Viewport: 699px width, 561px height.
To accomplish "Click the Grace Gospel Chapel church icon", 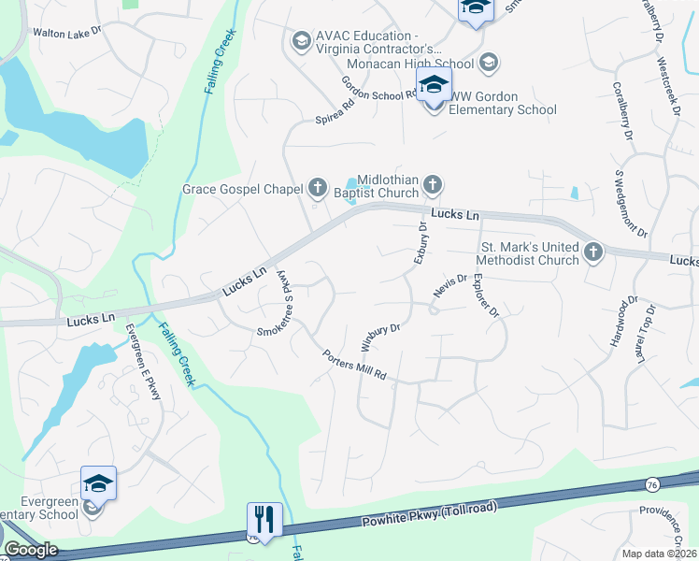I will coord(317,188).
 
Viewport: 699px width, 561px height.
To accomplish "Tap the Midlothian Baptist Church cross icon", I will coord(432,185).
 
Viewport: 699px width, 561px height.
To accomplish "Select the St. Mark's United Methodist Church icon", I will coord(593,252).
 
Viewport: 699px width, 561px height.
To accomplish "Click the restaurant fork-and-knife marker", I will coord(264,519).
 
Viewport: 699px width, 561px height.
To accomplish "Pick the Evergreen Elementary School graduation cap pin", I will coord(98,483).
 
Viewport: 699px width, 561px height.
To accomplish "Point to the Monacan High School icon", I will coord(487,63).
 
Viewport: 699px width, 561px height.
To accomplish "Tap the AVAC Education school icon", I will coord(301,40).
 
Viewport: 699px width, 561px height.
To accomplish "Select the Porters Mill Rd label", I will coord(354,366).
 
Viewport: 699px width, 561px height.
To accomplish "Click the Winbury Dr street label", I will coord(380,334).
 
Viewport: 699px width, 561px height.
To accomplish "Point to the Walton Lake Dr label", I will coord(66,33).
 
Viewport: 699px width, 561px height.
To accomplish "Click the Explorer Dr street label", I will coord(486,294).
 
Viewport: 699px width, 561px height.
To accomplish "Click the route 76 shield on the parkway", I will coord(650,483).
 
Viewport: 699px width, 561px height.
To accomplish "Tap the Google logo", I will coord(31,550).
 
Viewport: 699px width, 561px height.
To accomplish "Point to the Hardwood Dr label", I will coord(623,322).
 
